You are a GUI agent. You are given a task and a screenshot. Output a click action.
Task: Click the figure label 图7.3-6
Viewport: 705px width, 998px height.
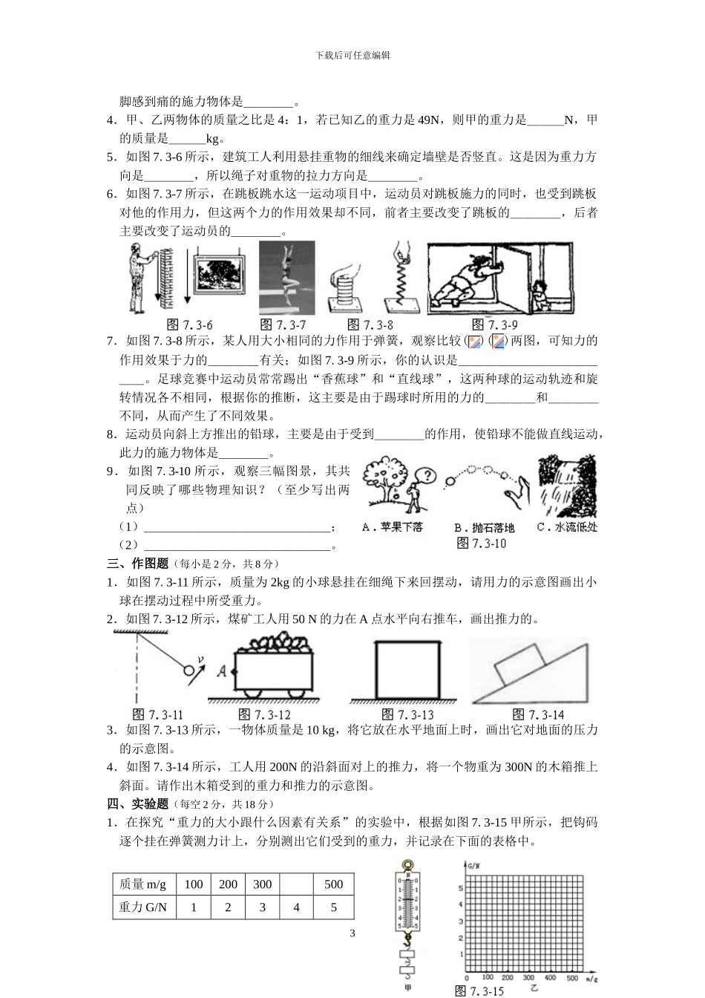[x=191, y=324]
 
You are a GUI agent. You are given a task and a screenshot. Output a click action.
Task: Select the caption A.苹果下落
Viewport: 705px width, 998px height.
[x=392, y=527]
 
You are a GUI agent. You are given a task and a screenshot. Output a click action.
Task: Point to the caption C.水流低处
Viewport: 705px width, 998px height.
[x=566, y=527]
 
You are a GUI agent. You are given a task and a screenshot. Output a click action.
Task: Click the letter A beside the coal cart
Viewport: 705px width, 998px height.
[x=222, y=671]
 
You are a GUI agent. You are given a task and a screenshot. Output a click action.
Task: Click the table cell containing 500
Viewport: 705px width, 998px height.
[x=334, y=884]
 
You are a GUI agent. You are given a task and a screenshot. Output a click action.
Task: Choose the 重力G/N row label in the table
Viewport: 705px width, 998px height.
[x=143, y=907]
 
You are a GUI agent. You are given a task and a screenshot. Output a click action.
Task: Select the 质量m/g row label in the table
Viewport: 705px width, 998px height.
[x=143, y=884]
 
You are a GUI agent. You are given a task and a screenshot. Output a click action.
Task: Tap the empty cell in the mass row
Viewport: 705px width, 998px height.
[x=297, y=884]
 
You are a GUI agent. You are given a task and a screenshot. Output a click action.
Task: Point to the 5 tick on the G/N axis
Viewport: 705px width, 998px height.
[x=461, y=888]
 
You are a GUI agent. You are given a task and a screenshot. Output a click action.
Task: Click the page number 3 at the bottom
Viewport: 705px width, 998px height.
[x=352, y=933]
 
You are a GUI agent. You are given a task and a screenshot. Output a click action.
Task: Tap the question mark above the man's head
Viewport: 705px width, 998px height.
[x=425, y=475]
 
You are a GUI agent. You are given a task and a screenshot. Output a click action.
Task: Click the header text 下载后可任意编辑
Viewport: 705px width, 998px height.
[x=352, y=55]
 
